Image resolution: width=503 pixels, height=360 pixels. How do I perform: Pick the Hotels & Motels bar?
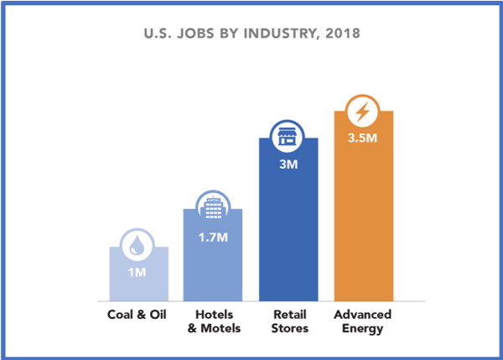coord(213,264)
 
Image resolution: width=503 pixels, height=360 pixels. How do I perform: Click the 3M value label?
coord(288,164)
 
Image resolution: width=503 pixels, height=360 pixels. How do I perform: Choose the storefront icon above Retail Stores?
coord(288,137)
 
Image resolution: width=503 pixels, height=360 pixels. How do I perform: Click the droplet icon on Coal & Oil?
coord(139,246)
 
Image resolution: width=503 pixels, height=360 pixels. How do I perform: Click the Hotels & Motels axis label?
coord(213,321)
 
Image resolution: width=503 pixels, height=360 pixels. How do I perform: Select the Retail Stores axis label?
coord(288,321)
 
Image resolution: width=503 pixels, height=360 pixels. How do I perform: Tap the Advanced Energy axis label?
coord(363,321)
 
